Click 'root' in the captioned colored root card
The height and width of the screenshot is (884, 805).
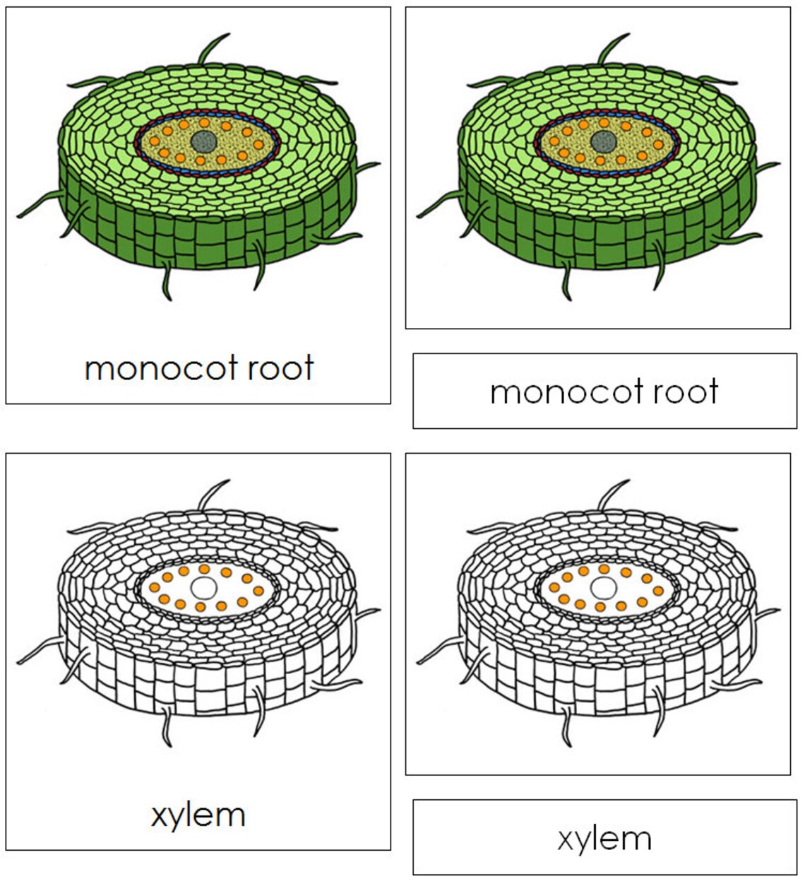click(280, 369)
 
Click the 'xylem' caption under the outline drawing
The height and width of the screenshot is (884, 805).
click(198, 815)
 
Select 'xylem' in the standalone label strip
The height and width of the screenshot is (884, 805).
click(604, 839)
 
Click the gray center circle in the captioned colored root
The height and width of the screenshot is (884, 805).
click(203, 141)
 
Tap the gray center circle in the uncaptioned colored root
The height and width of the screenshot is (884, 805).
click(604, 141)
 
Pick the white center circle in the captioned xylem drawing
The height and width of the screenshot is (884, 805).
click(203, 587)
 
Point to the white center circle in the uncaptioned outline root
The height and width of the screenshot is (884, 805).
click(603, 587)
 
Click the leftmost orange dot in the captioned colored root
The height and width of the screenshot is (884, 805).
click(154, 141)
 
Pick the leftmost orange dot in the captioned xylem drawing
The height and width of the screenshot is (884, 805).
click(154, 587)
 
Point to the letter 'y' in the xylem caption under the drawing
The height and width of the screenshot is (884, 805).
click(177, 818)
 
